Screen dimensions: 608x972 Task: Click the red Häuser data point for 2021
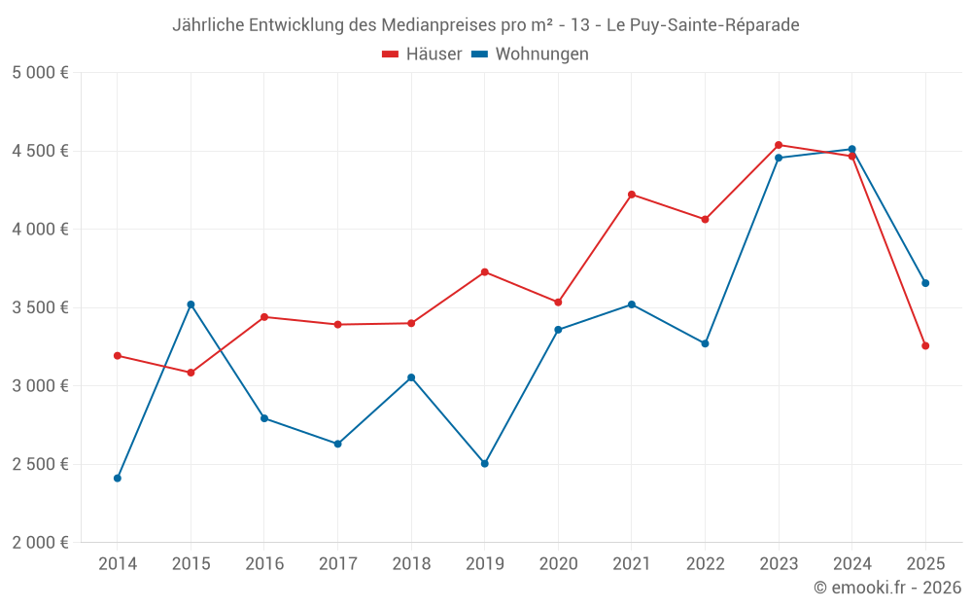pyautogui.click(x=632, y=195)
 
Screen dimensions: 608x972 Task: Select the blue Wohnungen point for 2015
pyautogui.click(x=191, y=304)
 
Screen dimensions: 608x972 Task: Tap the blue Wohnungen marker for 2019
pyautogui.click(x=485, y=463)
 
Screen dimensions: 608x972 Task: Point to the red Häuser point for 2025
pyautogui.click(x=925, y=345)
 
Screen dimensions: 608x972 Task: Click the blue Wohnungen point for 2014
pyautogui.click(x=118, y=478)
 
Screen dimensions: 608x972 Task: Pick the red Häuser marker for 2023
pyautogui.click(x=779, y=145)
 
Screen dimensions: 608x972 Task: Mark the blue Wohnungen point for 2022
pyautogui.click(x=705, y=343)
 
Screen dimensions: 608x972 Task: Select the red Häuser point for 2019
pyautogui.click(x=485, y=272)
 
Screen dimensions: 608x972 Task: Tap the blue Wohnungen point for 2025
pyautogui.click(x=925, y=283)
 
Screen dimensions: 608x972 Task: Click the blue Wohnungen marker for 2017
pyautogui.click(x=337, y=444)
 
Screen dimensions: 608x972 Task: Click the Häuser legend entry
pyautogui.click(x=422, y=54)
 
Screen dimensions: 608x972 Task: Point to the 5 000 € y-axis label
pyautogui.click(x=40, y=73)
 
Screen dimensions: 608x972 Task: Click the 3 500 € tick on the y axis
pyautogui.click(x=40, y=307)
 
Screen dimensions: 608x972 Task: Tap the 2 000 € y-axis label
pyautogui.click(x=40, y=543)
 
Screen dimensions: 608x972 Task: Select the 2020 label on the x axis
pyautogui.click(x=558, y=564)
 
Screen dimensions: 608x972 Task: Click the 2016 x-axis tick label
pyautogui.click(x=264, y=564)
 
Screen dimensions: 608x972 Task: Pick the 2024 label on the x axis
pyautogui.click(x=851, y=564)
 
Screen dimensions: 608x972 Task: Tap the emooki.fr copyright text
pyautogui.click(x=887, y=588)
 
